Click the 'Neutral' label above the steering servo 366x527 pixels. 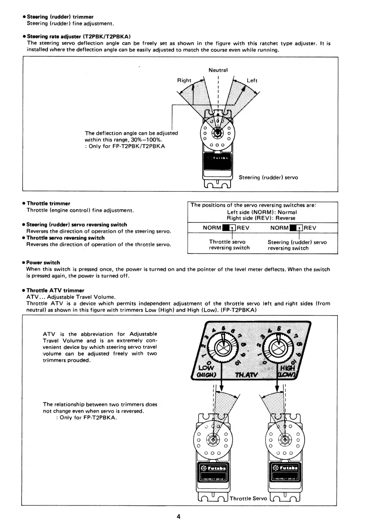click(218, 70)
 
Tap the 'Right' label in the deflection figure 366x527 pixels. click(184, 80)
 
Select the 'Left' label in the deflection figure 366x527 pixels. click(252, 80)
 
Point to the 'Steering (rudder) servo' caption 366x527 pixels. click(268, 177)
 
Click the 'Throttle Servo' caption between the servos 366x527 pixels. click(248, 499)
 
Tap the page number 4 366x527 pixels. click(179, 516)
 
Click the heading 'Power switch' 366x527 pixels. click(43, 263)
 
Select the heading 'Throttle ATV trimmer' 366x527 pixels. click(55, 291)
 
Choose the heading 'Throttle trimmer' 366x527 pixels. click(48, 203)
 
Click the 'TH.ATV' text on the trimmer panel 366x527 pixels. click(246, 375)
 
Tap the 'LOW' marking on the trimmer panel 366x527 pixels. click(206, 367)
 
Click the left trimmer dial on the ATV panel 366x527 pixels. click(221, 347)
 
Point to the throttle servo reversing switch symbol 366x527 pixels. click(229, 228)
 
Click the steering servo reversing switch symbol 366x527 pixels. click(297, 228)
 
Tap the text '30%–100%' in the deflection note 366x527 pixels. click(146, 140)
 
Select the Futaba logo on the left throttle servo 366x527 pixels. click(213, 469)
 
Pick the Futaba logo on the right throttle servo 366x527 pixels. click(285, 469)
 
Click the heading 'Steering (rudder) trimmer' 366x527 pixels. click(60, 17)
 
